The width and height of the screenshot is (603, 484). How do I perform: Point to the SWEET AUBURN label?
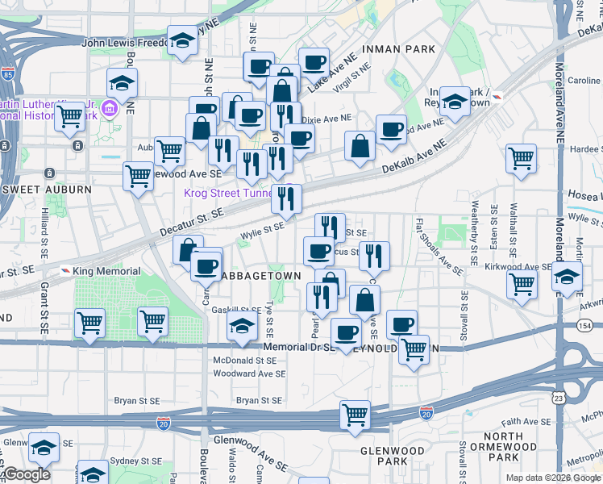coord(48,188)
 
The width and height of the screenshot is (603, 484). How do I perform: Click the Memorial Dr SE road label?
coord(299,347)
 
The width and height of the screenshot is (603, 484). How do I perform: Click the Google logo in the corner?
coord(27,474)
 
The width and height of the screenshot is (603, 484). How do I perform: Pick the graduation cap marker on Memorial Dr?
coord(241,328)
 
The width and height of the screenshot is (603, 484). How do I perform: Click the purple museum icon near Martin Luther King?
coord(109,107)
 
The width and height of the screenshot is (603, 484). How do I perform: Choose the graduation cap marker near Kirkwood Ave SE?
coord(567,276)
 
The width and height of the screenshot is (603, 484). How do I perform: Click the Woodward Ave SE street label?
coord(249,373)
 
